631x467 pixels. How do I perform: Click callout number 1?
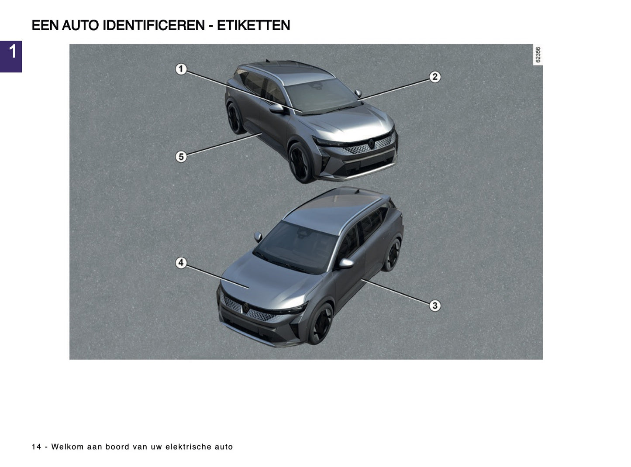181,69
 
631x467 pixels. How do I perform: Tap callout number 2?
434,77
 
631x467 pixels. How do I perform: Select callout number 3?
434,306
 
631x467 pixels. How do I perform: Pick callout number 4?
181,263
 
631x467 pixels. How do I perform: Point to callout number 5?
181,157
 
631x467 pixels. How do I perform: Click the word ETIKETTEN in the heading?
253,26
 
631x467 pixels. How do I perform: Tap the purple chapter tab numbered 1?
11,56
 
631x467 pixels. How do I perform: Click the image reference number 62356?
538,55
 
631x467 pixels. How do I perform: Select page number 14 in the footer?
37,447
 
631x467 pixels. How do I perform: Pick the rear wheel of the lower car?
392,254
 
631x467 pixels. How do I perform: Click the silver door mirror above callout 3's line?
346,263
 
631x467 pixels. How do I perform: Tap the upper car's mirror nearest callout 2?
358,93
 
